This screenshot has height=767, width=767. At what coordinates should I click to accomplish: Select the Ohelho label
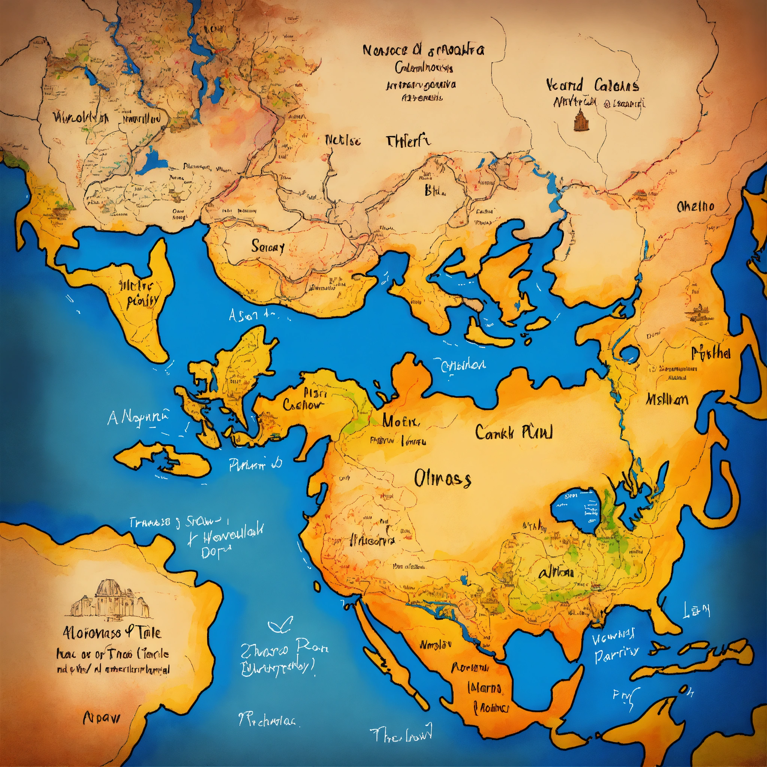pyautogui.click(x=695, y=206)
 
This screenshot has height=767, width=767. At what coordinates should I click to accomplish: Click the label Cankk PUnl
pyautogui.click(x=514, y=432)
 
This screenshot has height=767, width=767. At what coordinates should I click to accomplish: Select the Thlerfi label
pyautogui.click(x=408, y=141)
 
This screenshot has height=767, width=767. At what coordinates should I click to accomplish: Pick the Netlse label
pyautogui.click(x=343, y=140)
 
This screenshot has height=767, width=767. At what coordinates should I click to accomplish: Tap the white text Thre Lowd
pyautogui.click(x=401, y=735)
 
